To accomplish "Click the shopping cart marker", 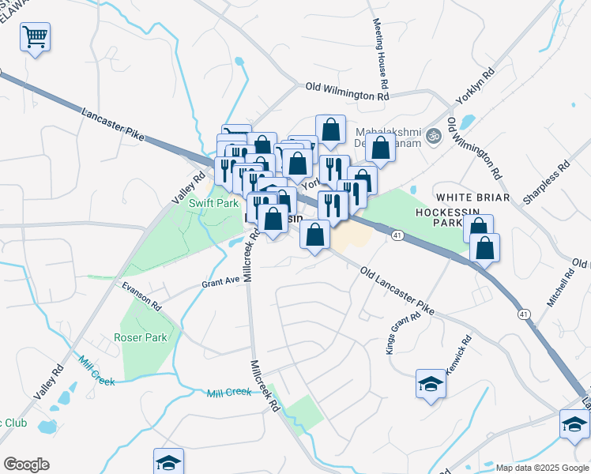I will click(36, 36).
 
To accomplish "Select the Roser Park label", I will click(141, 337).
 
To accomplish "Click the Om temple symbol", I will click(432, 136).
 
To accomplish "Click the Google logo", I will click(26, 465).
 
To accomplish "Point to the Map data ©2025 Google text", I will click(543, 467).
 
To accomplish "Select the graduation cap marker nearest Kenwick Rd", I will click(431, 384).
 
